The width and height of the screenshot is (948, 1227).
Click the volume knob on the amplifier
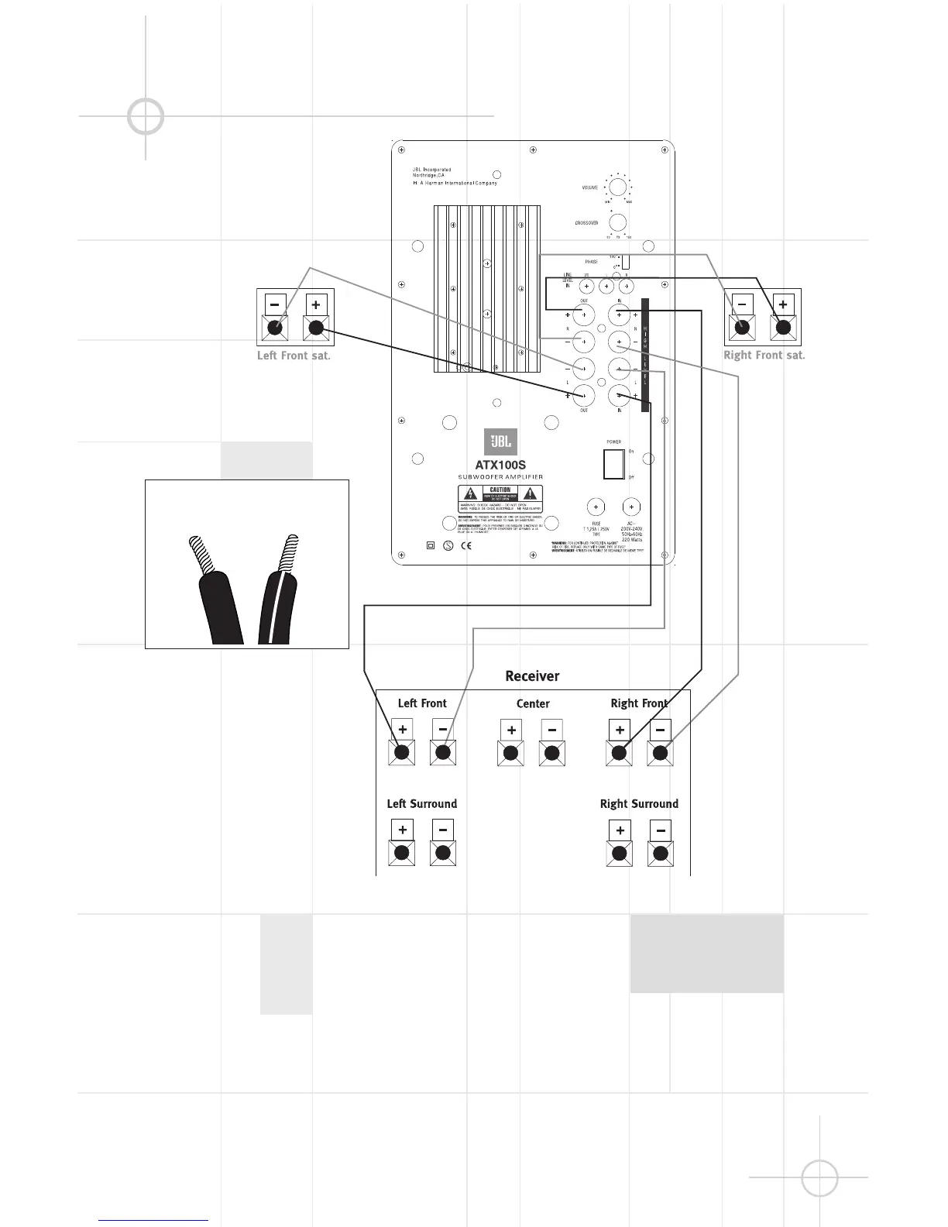617,187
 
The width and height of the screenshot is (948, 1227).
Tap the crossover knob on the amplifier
617,222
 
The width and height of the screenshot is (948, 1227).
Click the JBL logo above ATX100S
500,442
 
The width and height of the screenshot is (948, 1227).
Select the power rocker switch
613,463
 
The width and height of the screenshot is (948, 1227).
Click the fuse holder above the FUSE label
596,507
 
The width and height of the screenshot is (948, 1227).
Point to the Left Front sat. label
294,356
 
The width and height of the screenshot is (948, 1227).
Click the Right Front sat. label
764,355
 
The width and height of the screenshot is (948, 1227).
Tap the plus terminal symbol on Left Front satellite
315,304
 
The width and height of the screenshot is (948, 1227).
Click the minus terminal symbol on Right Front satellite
742,304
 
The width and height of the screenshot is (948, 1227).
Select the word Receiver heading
532,676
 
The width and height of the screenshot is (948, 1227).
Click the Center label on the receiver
533,703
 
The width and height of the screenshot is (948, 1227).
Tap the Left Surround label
422,804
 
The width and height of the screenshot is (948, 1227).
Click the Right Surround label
639,804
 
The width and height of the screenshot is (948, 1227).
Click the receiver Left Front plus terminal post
402,752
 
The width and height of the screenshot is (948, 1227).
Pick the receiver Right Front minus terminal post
660,752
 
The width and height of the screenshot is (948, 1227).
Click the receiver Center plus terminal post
510,752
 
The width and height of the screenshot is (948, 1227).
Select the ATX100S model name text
500,465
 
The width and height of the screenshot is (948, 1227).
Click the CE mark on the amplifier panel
466,545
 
